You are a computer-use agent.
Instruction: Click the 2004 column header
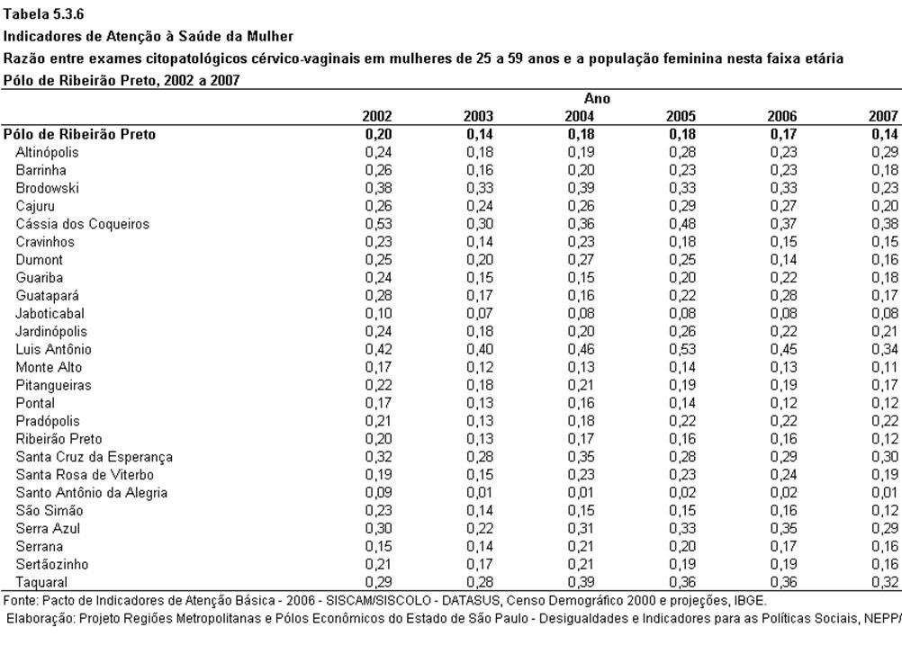[x=580, y=116]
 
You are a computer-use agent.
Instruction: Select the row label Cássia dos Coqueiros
[x=82, y=224]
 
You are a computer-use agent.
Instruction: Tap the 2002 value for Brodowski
[x=378, y=188]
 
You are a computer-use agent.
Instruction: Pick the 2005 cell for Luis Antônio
[x=681, y=349]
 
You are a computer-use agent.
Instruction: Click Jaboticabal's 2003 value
[x=479, y=313]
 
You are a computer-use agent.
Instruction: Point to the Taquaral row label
[x=41, y=582]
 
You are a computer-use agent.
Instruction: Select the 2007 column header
[x=883, y=116]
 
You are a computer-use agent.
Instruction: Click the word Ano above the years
[x=597, y=98]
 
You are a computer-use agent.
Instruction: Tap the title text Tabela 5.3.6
[x=44, y=14]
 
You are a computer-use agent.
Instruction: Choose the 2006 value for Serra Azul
[x=783, y=528]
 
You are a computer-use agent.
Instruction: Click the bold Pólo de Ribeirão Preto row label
[x=79, y=135]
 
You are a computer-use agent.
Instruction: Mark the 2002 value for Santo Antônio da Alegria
[x=378, y=493]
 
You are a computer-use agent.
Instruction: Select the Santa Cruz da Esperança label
[x=94, y=457]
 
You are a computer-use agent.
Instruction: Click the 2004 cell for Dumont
[x=581, y=259]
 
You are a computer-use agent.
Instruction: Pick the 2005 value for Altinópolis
[x=681, y=152]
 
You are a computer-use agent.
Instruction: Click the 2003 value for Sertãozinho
[x=479, y=564]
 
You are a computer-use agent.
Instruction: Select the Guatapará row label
[x=47, y=295]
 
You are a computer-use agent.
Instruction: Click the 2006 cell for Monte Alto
[x=783, y=367]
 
